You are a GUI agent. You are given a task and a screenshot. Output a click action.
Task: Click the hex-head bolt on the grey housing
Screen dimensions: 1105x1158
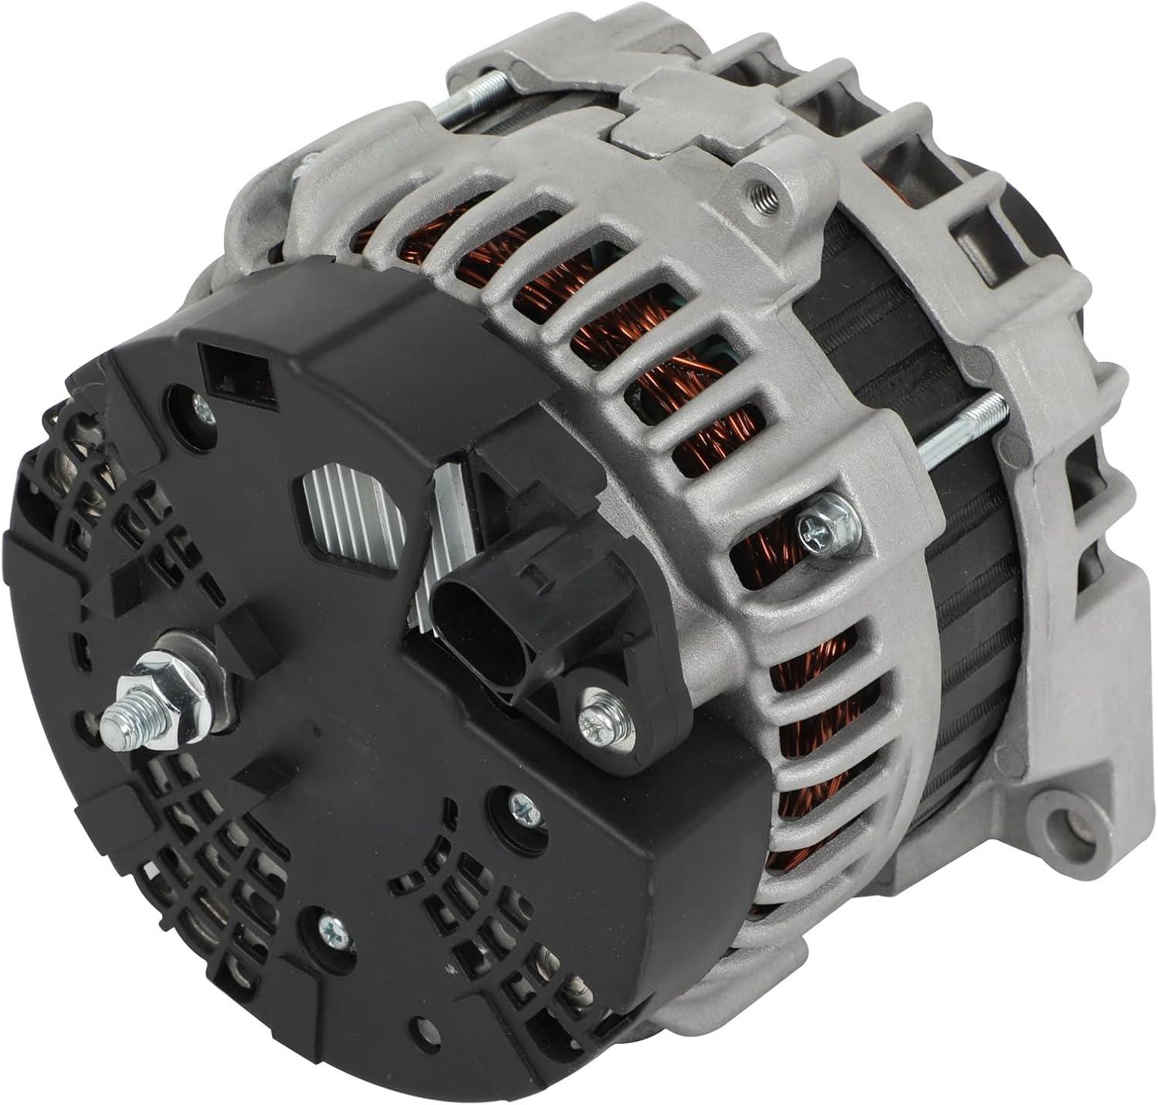tap(818, 530)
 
